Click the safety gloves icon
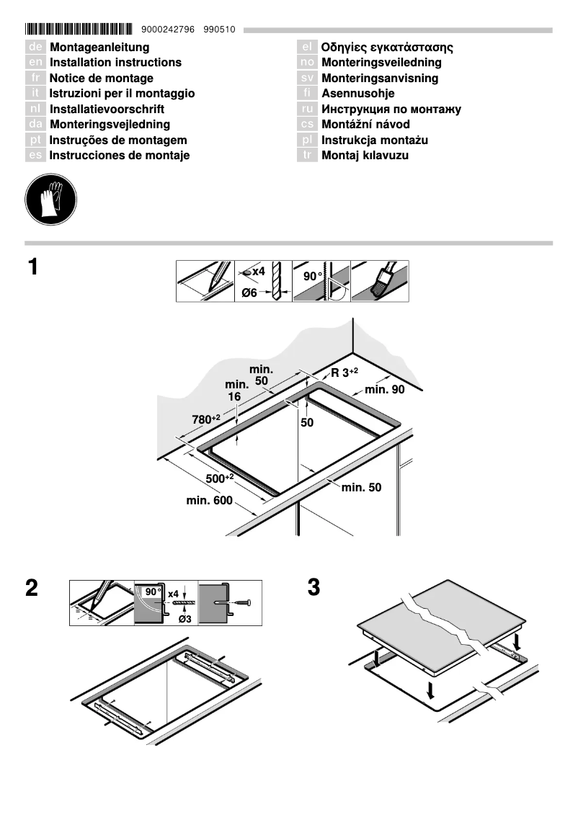click(x=51, y=198)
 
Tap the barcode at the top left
click(x=79, y=30)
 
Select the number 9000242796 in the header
click(x=168, y=30)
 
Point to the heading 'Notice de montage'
click(x=101, y=78)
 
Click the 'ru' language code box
click(x=307, y=110)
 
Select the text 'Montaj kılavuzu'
click(x=365, y=156)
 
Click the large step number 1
click(x=33, y=267)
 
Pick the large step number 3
click(x=314, y=587)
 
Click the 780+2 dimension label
click(x=205, y=419)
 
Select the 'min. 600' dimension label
click(x=209, y=500)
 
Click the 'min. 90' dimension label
click(x=385, y=389)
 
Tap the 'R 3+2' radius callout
click(x=344, y=372)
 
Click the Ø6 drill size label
click(x=249, y=293)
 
